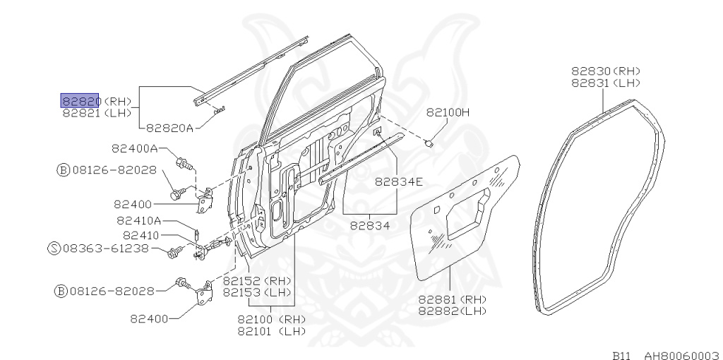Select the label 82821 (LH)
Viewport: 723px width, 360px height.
[97, 112]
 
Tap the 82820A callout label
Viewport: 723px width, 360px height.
[169, 128]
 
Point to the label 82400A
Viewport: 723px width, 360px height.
[134, 148]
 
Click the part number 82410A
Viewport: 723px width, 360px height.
[139, 220]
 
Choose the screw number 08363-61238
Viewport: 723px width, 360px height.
[106, 248]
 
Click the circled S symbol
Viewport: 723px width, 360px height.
[53, 248]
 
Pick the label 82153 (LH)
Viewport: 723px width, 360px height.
[257, 292]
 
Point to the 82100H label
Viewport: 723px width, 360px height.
[448, 112]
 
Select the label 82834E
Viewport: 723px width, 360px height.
[399, 181]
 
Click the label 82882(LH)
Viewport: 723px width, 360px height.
[453, 310]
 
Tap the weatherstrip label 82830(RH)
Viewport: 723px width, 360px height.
[605, 71]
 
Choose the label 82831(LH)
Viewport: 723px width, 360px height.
[605, 82]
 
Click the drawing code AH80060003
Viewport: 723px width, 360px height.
[681, 355]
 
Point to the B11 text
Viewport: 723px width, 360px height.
[621, 355]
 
